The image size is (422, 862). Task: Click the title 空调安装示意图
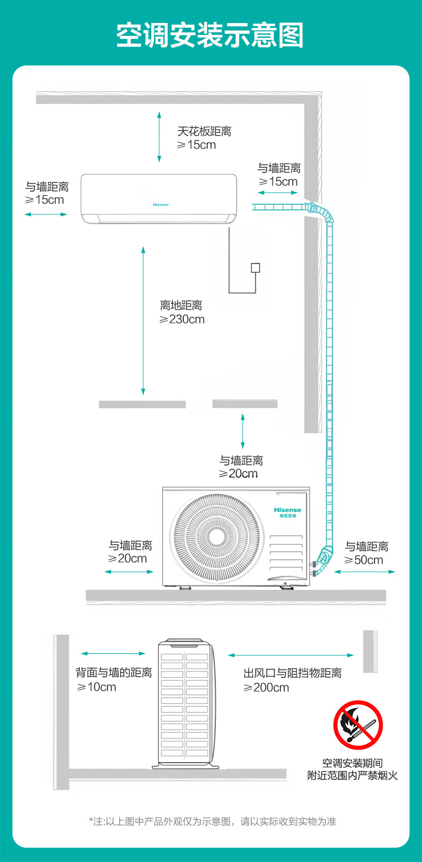(210, 35)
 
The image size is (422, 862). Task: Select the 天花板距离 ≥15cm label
(204, 138)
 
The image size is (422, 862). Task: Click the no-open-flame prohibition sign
(358, 725)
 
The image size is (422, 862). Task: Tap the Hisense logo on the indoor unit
(161, 204)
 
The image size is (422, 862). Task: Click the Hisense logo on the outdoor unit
(287, 510)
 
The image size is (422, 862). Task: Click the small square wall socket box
(255, 268)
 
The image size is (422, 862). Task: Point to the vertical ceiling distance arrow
(159, 136)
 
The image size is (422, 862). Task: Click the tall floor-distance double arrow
(143, 320)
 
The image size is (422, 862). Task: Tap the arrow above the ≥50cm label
(365, 572)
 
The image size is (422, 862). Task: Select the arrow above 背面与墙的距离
(113, 653)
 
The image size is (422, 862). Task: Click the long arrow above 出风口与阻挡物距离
(291, 655)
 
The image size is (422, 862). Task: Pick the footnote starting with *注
(212, 821)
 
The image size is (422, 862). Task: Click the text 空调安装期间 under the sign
(352, 763)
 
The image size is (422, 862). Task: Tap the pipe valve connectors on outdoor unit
(313, 568)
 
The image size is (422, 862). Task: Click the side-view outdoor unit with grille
(186, 703)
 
